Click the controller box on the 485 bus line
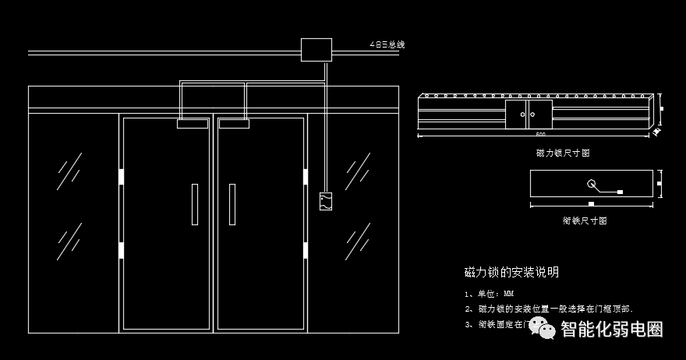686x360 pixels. pyautogui.click(x=316, y=50)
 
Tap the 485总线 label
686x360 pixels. pyautogui.click(x=387, y=44)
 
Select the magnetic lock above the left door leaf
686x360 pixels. pyautogui.click(x=193, y=122)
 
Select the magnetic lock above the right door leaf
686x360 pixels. pyautogui.click(x=234, y=122)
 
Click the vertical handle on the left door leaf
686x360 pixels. pyautogui.click(x=194, y=204)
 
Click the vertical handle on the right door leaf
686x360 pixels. pyautogui.click(x=232, y=204)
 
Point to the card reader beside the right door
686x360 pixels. pyautogui.click(x=327, y=202)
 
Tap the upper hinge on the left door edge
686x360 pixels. pyautogui.click(x=121, y=177)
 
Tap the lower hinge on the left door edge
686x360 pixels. pyautogui.click(x=121, y=250)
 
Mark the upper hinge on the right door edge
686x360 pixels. pyautogui.click(x=306, y=177)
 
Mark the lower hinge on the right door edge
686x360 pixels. pyautogui.click(x=306, y=250)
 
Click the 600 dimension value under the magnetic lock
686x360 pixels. pyautogui.click(x=540, y=136)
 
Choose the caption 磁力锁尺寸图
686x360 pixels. pyautogui.click(x=563, y=153)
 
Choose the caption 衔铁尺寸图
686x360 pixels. pyautogui.click(x=584, y=221)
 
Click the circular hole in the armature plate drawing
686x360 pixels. pyautogui.click(x=592, y=185)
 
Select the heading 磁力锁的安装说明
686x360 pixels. pyautogui.click(x=511, y=273)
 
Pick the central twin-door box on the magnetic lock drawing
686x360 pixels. pyautogui.click(x=529, y=114)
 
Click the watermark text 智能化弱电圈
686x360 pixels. pyautogui.click(x=612, y=330)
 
